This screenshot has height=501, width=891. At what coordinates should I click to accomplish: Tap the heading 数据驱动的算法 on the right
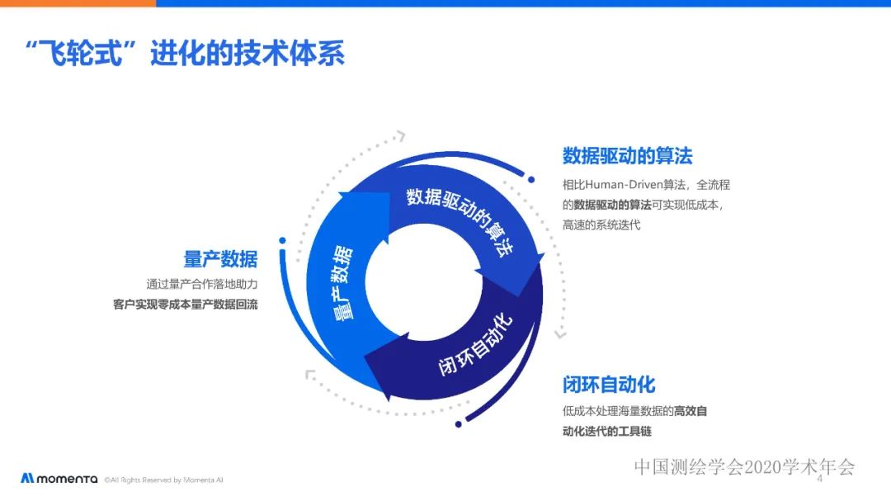pyautogui.click(x=627, y=155)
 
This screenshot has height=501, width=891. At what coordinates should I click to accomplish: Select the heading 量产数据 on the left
pyautogui.click(x=220, y=259)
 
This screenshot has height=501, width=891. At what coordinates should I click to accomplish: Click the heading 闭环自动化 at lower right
pyautogui.click(x=609, y=384)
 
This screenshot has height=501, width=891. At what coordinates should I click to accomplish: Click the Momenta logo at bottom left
pyautogui.click(x=58, y=479)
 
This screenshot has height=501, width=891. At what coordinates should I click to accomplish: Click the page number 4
pyautogui.click(x=819, y=480)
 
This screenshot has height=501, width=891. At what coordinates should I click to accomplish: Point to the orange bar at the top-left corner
pyautogui.click(x=78, y=3)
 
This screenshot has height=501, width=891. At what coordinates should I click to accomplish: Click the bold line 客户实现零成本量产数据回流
pyautogui.click(x=186, y=304)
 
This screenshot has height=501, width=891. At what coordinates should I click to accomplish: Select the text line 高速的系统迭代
pyautogui.click(x=601, y=225)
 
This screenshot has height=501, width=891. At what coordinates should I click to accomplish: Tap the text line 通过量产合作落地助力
pyautogui.click(x=202, y=284)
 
